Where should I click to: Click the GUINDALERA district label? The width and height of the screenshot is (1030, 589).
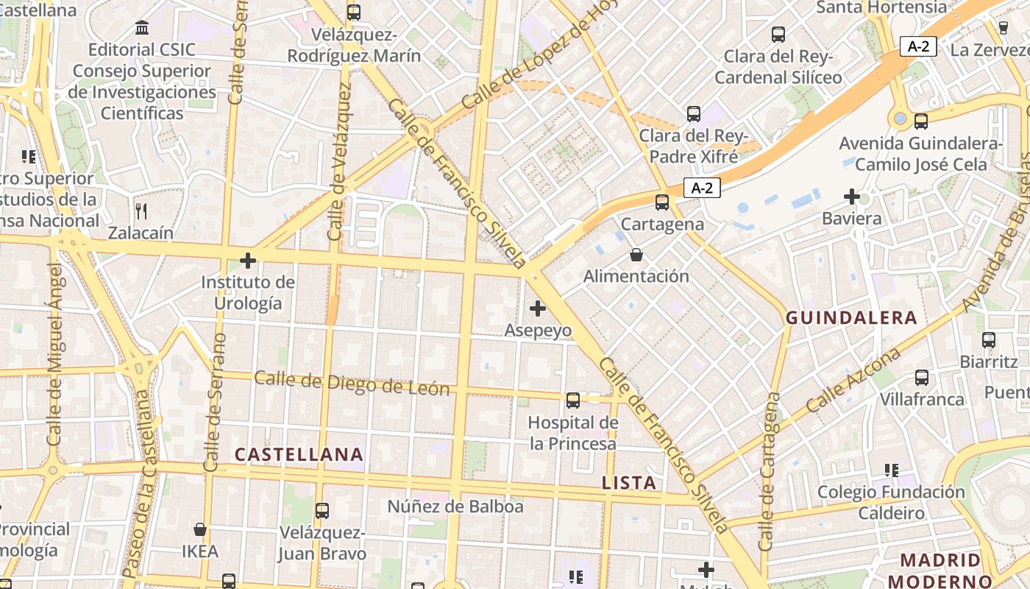[851, 318]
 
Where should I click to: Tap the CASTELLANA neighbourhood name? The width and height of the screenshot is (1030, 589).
[299, 454]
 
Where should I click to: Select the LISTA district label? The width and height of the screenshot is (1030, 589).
[629, 483]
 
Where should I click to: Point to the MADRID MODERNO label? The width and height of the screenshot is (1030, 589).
[940, 571]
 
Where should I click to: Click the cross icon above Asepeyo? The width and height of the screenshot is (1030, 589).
[538, 308]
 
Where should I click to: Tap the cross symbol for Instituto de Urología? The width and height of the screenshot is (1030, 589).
[248, 260]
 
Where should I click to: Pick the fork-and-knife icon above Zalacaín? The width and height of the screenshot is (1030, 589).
[141, 211]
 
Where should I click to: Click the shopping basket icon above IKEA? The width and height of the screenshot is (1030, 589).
[199, 529]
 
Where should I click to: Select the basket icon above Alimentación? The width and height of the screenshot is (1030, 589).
[636, 255]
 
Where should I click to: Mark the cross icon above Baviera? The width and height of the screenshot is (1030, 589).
[852, 197]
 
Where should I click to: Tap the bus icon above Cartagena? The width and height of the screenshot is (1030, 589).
[662, 202]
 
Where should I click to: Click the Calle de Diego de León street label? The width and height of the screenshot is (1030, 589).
[352, 384]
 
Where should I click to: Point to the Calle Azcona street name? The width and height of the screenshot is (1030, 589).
[853, 380]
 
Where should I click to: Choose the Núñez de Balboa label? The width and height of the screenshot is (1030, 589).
[455, 507]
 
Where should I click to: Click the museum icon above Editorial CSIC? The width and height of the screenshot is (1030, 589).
[142, 28]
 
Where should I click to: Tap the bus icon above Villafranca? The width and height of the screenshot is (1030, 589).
[922, 377]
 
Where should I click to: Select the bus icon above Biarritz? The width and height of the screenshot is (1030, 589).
[989, 339]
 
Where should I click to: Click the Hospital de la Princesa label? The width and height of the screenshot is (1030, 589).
[573, 433]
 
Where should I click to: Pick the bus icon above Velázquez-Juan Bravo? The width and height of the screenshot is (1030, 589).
[322, 510]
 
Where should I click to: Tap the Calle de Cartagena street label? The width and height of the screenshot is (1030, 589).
[770, 471]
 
